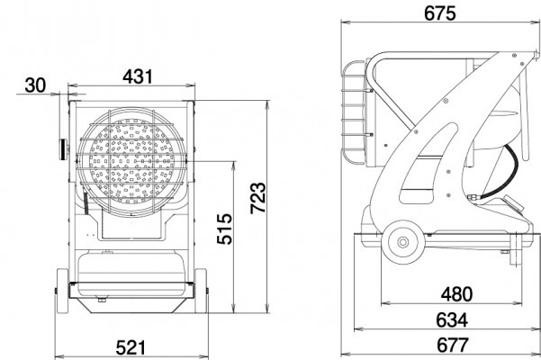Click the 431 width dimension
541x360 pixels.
click(x=138, y=76)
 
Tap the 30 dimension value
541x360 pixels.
click(x=35, y=85)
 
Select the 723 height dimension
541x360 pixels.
click(x=258, y=198)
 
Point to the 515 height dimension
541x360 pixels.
click(x=225, y=229)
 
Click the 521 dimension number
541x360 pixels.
click(x=131, y=347)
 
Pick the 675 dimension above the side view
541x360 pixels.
click(x=439, y=13)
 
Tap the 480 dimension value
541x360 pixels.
click(x=456, y=294)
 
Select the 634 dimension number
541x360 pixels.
click(x=452, y=320)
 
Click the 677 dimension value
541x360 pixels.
click(x=453, y=346)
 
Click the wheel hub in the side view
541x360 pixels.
click(x=402, y=242)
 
